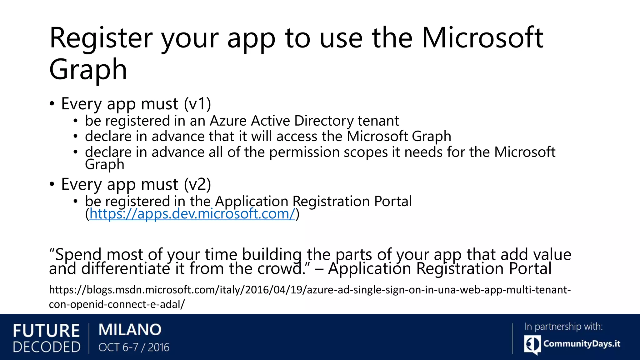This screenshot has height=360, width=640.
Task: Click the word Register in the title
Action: pyautogui.click(x=101, y=39)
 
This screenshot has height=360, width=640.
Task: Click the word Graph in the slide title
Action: pyautogui.click(x=88, y=70)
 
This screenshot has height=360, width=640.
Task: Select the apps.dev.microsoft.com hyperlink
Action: pyautogui.click(x=192, y=214)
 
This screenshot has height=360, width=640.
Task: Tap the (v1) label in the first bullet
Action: pyautogui.click(x=197, y=104)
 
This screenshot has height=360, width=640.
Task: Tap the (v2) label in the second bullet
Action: pyautogui.click(x=197, y=184)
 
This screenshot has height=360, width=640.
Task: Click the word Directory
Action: pyautogui.click(x=324, y=121)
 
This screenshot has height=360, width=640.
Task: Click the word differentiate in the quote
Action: pyautogui.click(x=126, y=269)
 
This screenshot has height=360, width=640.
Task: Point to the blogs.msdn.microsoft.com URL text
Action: pyautogui.click(x=309, y=290)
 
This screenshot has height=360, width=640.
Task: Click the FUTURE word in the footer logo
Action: pyautogui.click(x=46, y=331)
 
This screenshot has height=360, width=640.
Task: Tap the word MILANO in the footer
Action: pyautogui.click(x=130, y=330)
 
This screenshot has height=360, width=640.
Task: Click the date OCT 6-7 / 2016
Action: pyautogui.click(x=134, y=347)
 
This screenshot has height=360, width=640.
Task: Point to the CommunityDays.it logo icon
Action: pyautogui.click(x=532, y=344)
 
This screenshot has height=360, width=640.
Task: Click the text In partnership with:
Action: pyautogui.click(x=563, y=327)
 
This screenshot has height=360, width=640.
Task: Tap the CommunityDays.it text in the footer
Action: pyautogui.click(x=582, y=344)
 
